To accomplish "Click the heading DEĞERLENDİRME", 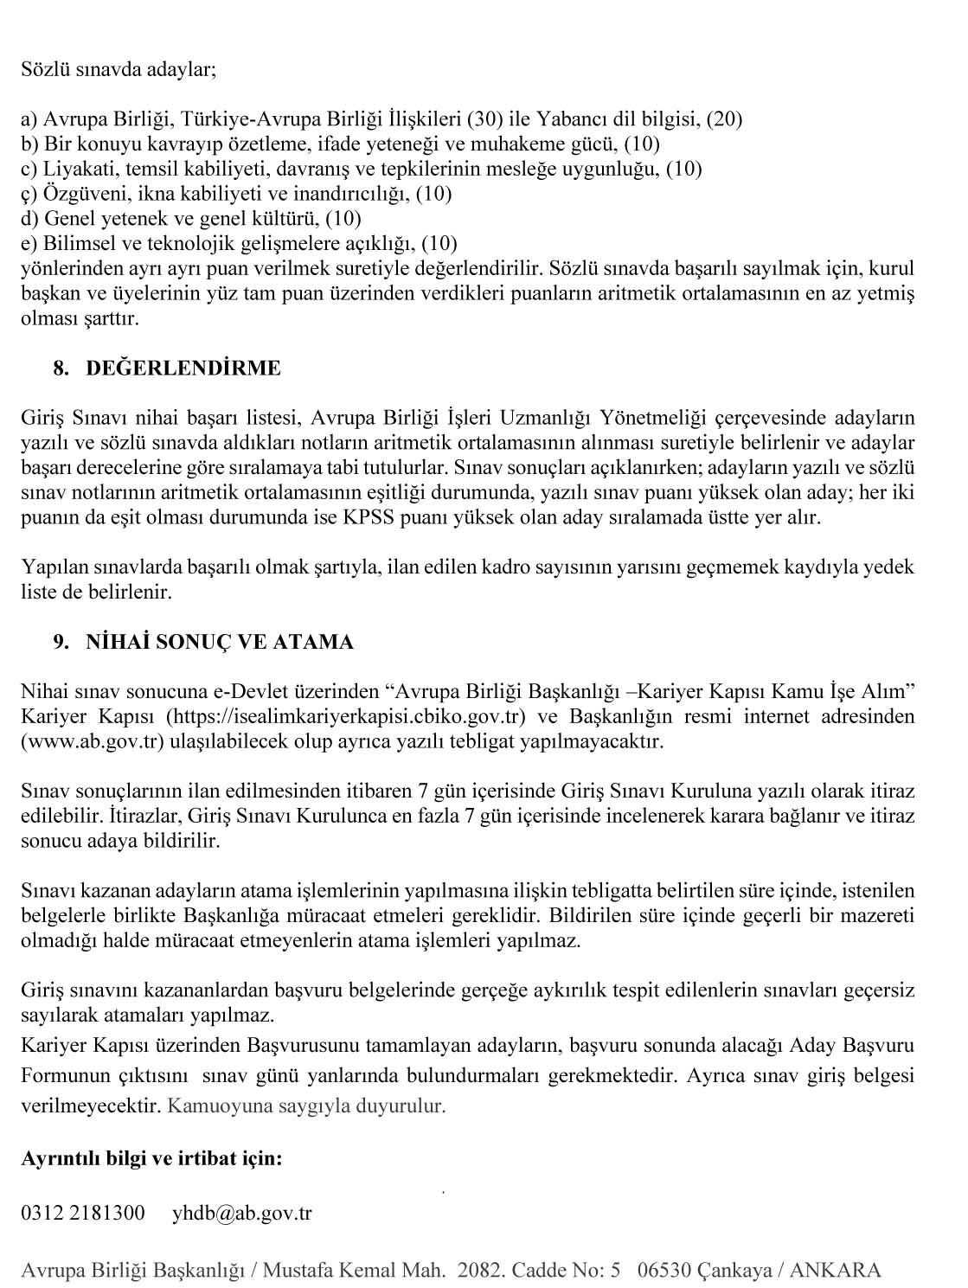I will pos(183,368).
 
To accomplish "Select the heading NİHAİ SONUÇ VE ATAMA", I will pos(220,642).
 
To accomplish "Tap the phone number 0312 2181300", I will pos(83,1213).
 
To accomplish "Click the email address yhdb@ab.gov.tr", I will pos(241,1213).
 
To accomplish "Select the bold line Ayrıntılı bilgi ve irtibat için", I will pos(151,1157).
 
